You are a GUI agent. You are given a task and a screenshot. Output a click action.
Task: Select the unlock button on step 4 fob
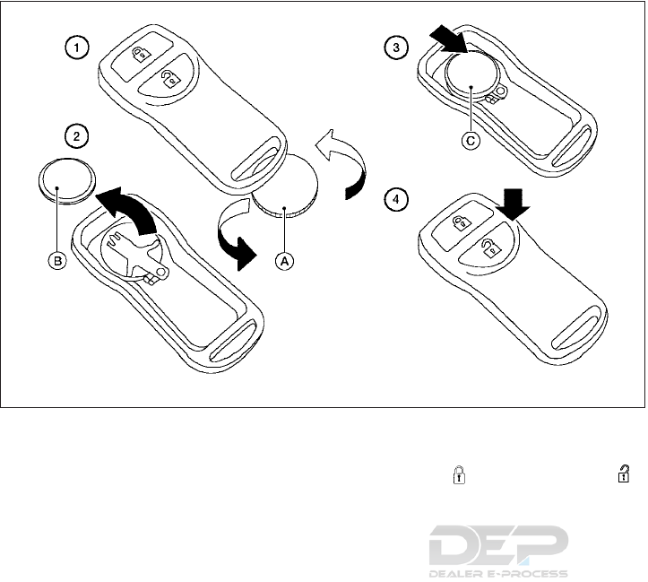489,248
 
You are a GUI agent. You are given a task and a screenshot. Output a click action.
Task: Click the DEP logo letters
498,545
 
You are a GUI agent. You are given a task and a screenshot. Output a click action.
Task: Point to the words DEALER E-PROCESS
498,573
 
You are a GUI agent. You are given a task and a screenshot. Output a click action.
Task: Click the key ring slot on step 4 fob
573,343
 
